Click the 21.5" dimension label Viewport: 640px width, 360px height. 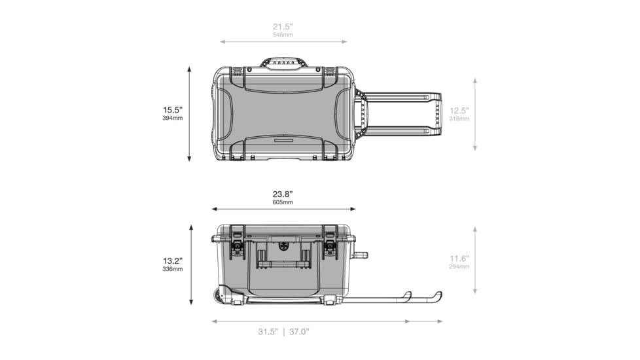tap(283, 27)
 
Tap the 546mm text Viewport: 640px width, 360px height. tap(283, 35)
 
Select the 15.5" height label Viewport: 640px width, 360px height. tap(173, 110)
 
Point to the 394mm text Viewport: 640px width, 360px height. tap(173, 118)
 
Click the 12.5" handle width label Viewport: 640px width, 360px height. tap(459, 111)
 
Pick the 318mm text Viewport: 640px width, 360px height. tap(459, 118)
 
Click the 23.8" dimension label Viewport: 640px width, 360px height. tap(283, 194)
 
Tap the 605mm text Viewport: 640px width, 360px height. tap(283, 202)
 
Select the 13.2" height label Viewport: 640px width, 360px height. tap(173, 261)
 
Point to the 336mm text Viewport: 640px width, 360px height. tap(173, 269)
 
